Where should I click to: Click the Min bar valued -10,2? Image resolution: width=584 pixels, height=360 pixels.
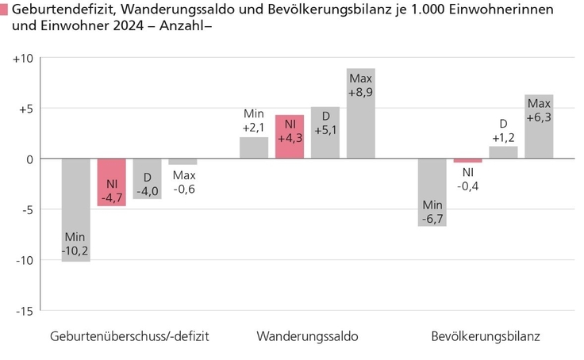75,209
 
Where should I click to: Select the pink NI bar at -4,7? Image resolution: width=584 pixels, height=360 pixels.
111,182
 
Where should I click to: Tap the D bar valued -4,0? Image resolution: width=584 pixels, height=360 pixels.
147,178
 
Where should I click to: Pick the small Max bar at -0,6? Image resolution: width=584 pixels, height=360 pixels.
182,162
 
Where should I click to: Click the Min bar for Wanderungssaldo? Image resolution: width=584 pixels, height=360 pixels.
254,148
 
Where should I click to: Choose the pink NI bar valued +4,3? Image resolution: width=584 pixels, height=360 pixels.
290,137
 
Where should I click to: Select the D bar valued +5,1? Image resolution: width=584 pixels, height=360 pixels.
325,133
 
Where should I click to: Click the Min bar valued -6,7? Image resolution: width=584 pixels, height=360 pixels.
432,192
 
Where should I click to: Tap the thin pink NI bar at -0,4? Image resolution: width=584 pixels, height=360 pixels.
468,161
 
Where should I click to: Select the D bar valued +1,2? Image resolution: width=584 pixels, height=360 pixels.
503,152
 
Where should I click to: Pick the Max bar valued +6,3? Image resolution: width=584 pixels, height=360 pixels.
539,127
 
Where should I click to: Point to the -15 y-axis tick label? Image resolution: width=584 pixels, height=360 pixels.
23,311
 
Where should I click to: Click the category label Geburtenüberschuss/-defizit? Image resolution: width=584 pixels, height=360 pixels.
129,336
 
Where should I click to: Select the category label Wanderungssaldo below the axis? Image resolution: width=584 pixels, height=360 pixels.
307,336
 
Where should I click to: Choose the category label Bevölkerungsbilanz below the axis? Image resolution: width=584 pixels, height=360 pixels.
485,336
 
